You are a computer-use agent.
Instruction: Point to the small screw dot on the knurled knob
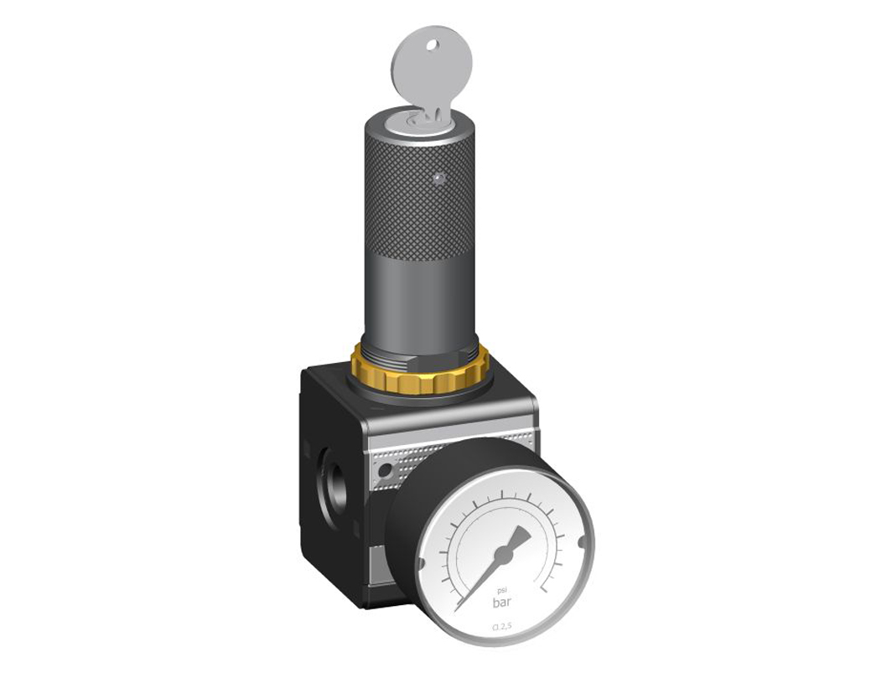437,179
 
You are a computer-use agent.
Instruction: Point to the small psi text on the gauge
502,588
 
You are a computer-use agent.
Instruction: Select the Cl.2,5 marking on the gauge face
503,626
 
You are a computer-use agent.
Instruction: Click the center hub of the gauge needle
503,555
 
